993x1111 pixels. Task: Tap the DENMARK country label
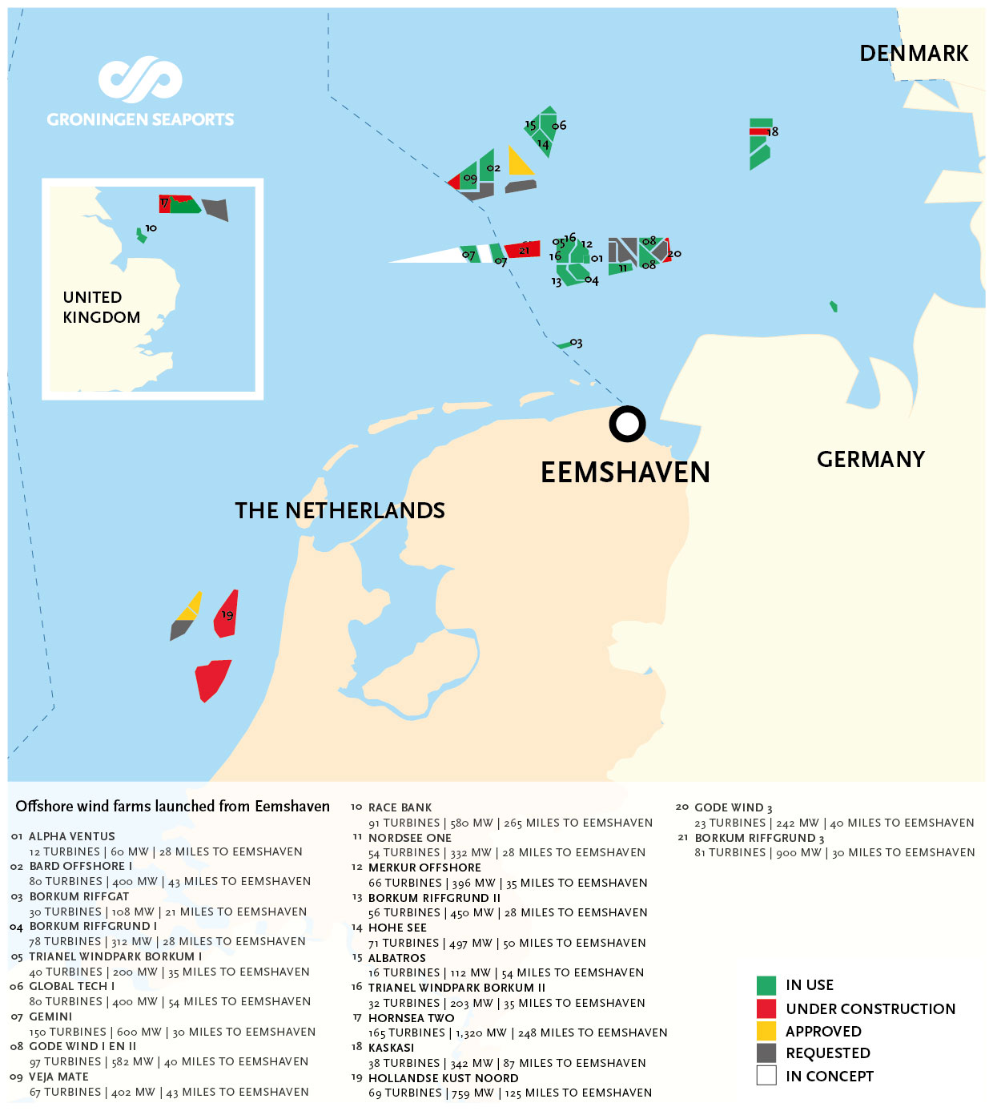click(914, 53)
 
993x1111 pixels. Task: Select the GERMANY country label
click(870, 459)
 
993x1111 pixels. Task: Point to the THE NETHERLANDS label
click(340, 510)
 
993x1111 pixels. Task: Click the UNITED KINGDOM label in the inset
click(102, 307)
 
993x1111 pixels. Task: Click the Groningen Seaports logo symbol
click(140, 79)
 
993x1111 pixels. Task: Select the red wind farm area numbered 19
click(226, 614)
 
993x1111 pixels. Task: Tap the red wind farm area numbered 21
click(522, 249)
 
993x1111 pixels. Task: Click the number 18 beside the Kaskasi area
click(773, 131)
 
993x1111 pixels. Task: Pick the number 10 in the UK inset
click(151, 228)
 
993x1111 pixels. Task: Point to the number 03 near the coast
click(576, 343)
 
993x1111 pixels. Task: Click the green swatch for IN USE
click(766, 985)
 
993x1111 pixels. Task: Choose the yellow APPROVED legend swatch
click(766, 1031)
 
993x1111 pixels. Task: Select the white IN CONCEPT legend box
click(766, 1076)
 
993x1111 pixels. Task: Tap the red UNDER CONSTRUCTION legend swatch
click(766, 1008)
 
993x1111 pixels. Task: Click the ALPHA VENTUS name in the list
click(72, 836)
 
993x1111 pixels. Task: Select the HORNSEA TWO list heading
click(412, 1018)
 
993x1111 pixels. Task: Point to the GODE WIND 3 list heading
click(733, 807)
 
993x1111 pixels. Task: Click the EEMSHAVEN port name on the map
click(625, 472)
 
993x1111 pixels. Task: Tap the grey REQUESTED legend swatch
click(766, 1053)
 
